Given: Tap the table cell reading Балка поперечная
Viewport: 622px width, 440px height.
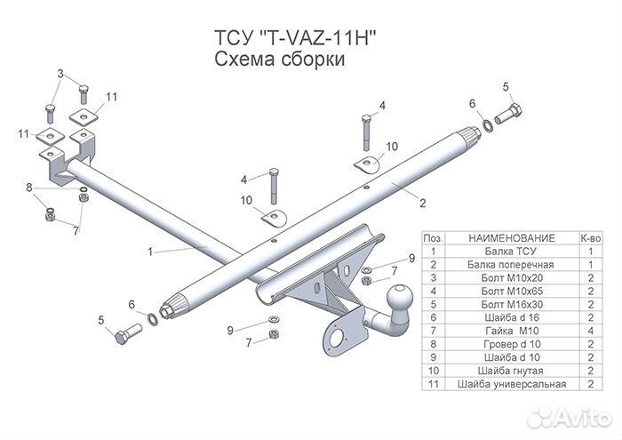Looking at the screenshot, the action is [x=510, y=265].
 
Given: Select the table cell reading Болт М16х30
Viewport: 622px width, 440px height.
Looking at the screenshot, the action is [x=512, y=304].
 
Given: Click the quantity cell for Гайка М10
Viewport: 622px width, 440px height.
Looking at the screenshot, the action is [x=591, y=331].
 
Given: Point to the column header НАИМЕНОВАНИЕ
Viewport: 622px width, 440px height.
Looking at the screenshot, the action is [x=512, y=238].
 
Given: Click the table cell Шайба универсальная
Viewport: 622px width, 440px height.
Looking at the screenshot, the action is [x=512, y=384].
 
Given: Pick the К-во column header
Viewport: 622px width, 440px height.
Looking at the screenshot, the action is [x=591, y=238].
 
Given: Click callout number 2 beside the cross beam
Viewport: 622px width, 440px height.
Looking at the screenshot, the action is [x=422, y=203].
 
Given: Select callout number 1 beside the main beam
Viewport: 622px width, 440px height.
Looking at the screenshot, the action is [x=150, y=252].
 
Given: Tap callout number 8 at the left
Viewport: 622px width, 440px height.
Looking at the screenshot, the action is [x=29, y=187].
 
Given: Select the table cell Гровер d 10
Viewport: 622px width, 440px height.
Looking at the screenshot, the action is [x=512, y=344].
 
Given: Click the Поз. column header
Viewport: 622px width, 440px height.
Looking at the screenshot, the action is [x=434, y=238].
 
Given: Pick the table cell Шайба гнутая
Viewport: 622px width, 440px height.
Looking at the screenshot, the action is [x=510, y=371].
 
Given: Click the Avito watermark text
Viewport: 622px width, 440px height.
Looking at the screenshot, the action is [x=581, y=418].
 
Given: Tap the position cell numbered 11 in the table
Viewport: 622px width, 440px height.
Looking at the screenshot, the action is [x=434, y=384].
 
